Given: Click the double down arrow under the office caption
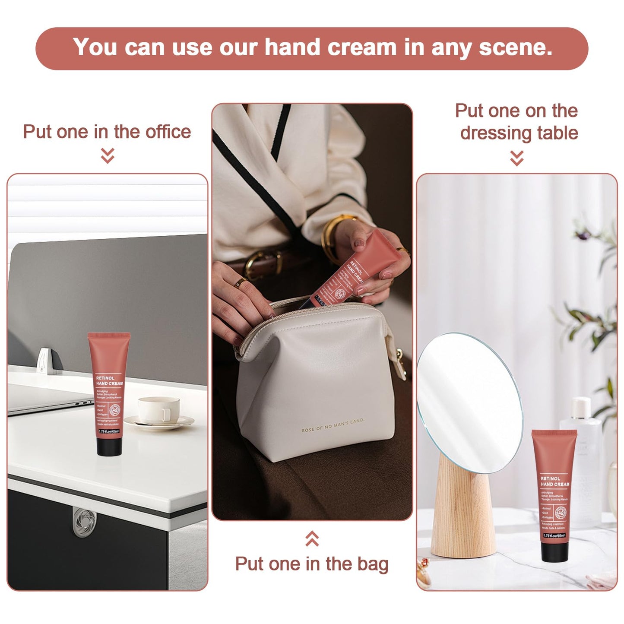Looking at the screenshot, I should (x=108, y=155).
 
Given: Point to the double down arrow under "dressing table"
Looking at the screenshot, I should (x=516, y=158).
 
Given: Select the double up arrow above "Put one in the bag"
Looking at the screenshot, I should (x=312, y=538).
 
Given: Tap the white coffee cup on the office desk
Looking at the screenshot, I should (x=158, y=410).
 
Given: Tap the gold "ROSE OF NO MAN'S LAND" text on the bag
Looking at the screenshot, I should (x=333, y=425).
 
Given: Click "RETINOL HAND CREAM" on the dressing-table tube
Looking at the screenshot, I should (x=555, y=481).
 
